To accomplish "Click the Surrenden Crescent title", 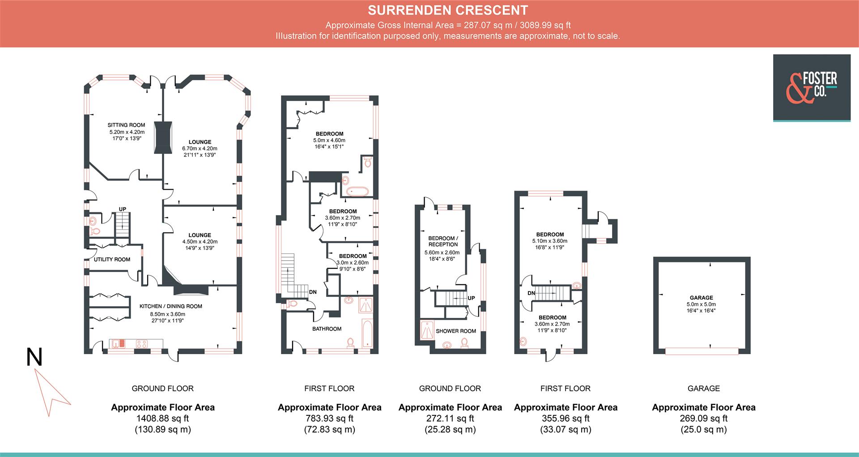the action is pos(448,10).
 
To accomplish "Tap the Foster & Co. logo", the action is pos(812,88).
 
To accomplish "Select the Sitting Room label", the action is pos(126,125).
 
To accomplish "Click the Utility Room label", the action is pos(112,259).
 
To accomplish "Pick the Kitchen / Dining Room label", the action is pos(171,306).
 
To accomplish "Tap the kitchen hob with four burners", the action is pos(142,344).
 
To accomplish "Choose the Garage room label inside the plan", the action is pos(702,298).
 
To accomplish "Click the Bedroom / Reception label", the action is pos(443,241).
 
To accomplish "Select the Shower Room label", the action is pos(456,331).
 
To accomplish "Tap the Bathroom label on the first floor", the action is pos(327,329).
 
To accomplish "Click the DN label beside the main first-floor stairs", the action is pos(313,292).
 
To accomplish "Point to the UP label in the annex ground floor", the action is pos(471,298).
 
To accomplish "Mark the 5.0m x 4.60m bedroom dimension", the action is pos(329,140).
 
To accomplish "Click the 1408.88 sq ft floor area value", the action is pos(162,419).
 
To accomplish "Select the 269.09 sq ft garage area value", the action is pos(704,419).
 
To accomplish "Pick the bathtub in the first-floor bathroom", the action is pos(367,333).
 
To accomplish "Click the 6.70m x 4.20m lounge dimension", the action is pos(200,148).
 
